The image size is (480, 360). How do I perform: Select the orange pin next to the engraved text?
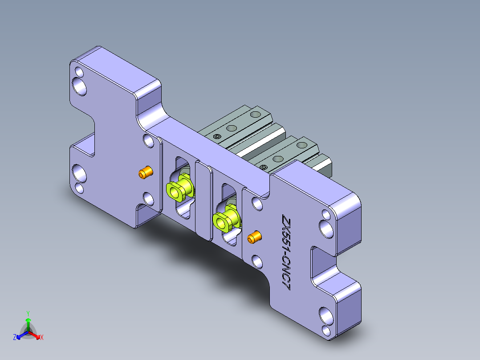tap(254, 237)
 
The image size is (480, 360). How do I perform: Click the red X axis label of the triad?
tap(42, 337)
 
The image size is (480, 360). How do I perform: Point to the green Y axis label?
tap(28, 313)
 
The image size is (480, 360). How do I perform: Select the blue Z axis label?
tap(15, 337)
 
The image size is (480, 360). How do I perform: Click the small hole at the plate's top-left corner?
tap(79, 71)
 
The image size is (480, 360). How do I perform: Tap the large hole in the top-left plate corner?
tap(81, 86)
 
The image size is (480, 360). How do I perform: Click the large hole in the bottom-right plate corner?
tap(325, 316)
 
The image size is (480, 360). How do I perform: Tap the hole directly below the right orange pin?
tap(257, 261)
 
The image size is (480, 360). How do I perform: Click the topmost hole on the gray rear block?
tap(255, 115)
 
